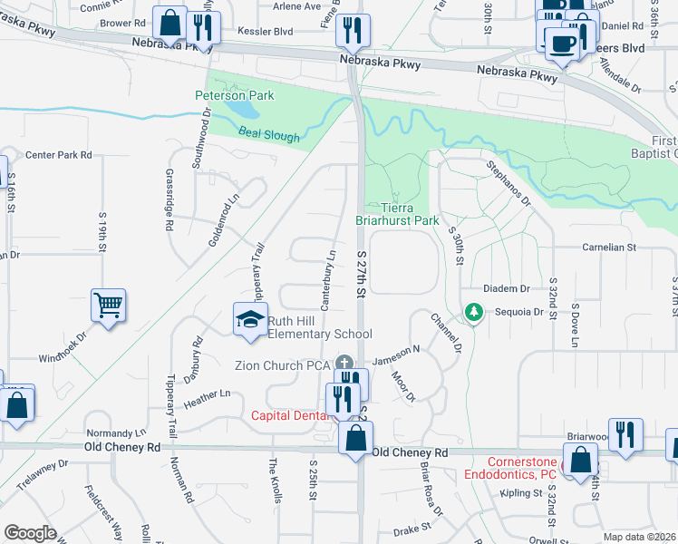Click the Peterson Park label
pos(229,95)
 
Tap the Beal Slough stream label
pos(268,135)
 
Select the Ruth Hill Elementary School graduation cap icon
pos(251,319)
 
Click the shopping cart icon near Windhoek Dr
pos(109,306)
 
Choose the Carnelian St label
pos(610,247)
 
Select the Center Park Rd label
pos(59,155)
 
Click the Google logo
pos(30,533)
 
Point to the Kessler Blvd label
pos(266,31)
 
